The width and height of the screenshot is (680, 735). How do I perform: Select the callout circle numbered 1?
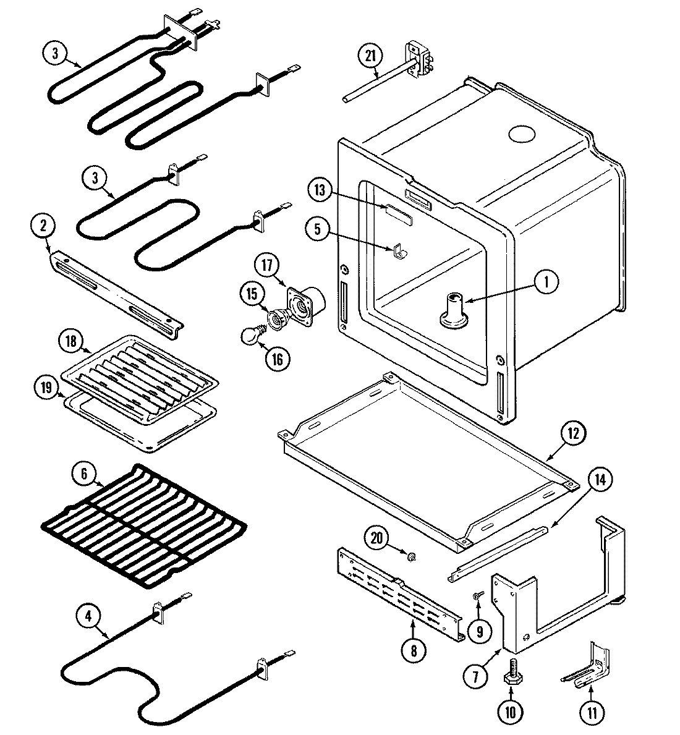click(x=545, y=283)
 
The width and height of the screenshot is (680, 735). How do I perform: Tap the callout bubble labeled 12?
click(x=573, y=433)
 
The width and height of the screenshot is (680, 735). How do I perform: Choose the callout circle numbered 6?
click(x=85, y=475)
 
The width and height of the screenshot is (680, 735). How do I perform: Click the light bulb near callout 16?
click(x=250, y=336)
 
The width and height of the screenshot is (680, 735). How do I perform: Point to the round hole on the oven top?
click(x=521, y=134)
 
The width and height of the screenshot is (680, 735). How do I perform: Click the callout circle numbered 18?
click(x=70, y=341)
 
